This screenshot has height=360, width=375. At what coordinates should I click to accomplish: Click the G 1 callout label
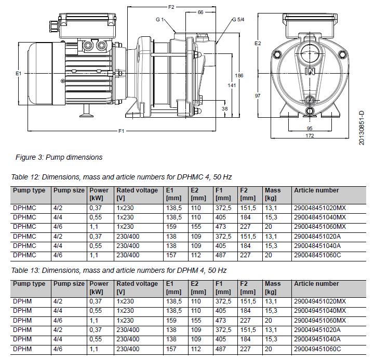tap(159, 20)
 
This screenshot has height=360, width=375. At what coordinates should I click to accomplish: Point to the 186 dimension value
tap(239, 76)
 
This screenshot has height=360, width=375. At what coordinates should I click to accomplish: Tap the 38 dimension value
tap(224, 109)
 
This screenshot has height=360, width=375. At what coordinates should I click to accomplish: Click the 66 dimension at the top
tap(200, 12)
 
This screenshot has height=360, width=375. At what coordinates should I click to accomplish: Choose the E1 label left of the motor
tap(19, 74)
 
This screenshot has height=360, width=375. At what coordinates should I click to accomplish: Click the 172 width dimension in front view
tap(310, 136)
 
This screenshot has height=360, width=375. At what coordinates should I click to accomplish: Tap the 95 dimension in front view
tap(309, 128)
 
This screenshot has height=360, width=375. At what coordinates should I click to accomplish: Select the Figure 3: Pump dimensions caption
tap(59, 157)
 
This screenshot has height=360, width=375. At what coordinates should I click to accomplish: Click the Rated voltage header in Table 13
tap(137, 284)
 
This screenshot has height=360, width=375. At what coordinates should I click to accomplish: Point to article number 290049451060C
tap(317, 349)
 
